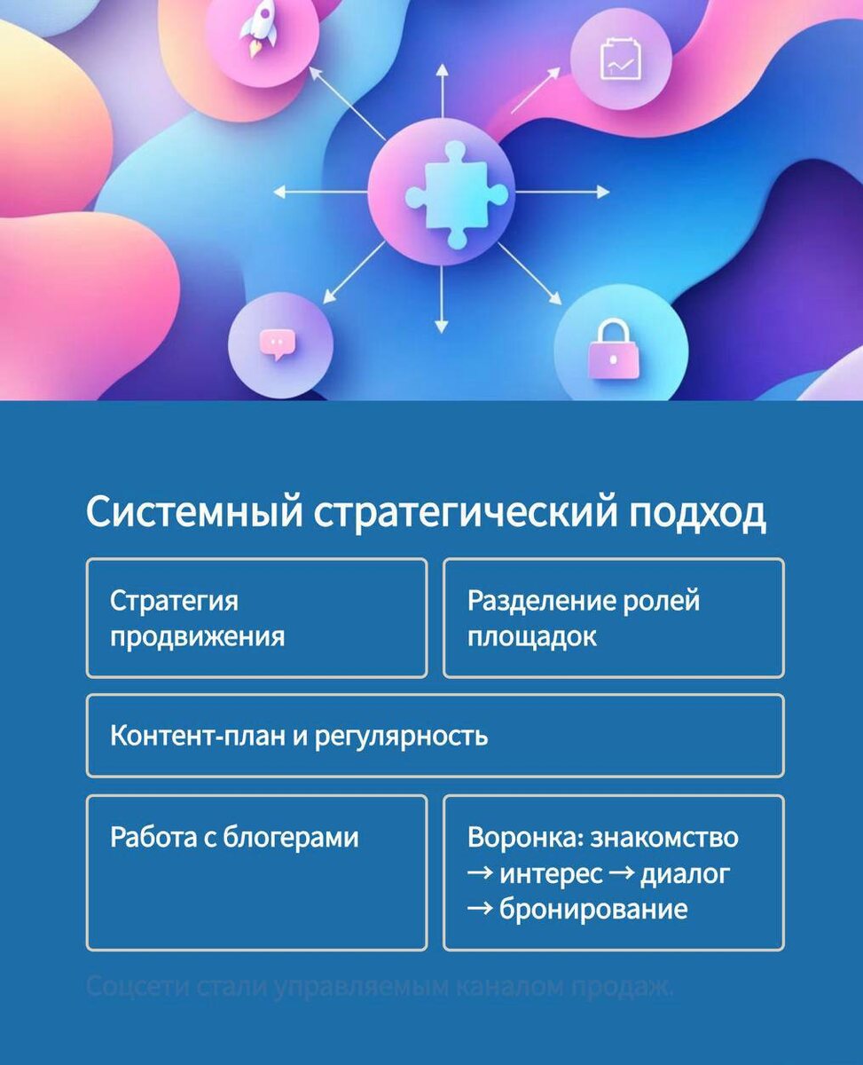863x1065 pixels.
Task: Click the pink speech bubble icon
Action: [x=277, y=343]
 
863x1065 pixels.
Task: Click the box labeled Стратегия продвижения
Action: [x=256, y=618]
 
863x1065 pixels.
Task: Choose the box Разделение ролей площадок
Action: [x=613, y=618]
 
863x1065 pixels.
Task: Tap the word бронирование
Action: [x=593, y=909]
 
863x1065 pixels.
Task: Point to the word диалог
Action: [x=686, y=873]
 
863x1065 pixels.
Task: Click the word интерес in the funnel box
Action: [x=550, y=873]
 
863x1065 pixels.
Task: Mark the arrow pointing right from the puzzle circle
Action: [x=568, y=192]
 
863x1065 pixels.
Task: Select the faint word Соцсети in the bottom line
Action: [x=134, y=986]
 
